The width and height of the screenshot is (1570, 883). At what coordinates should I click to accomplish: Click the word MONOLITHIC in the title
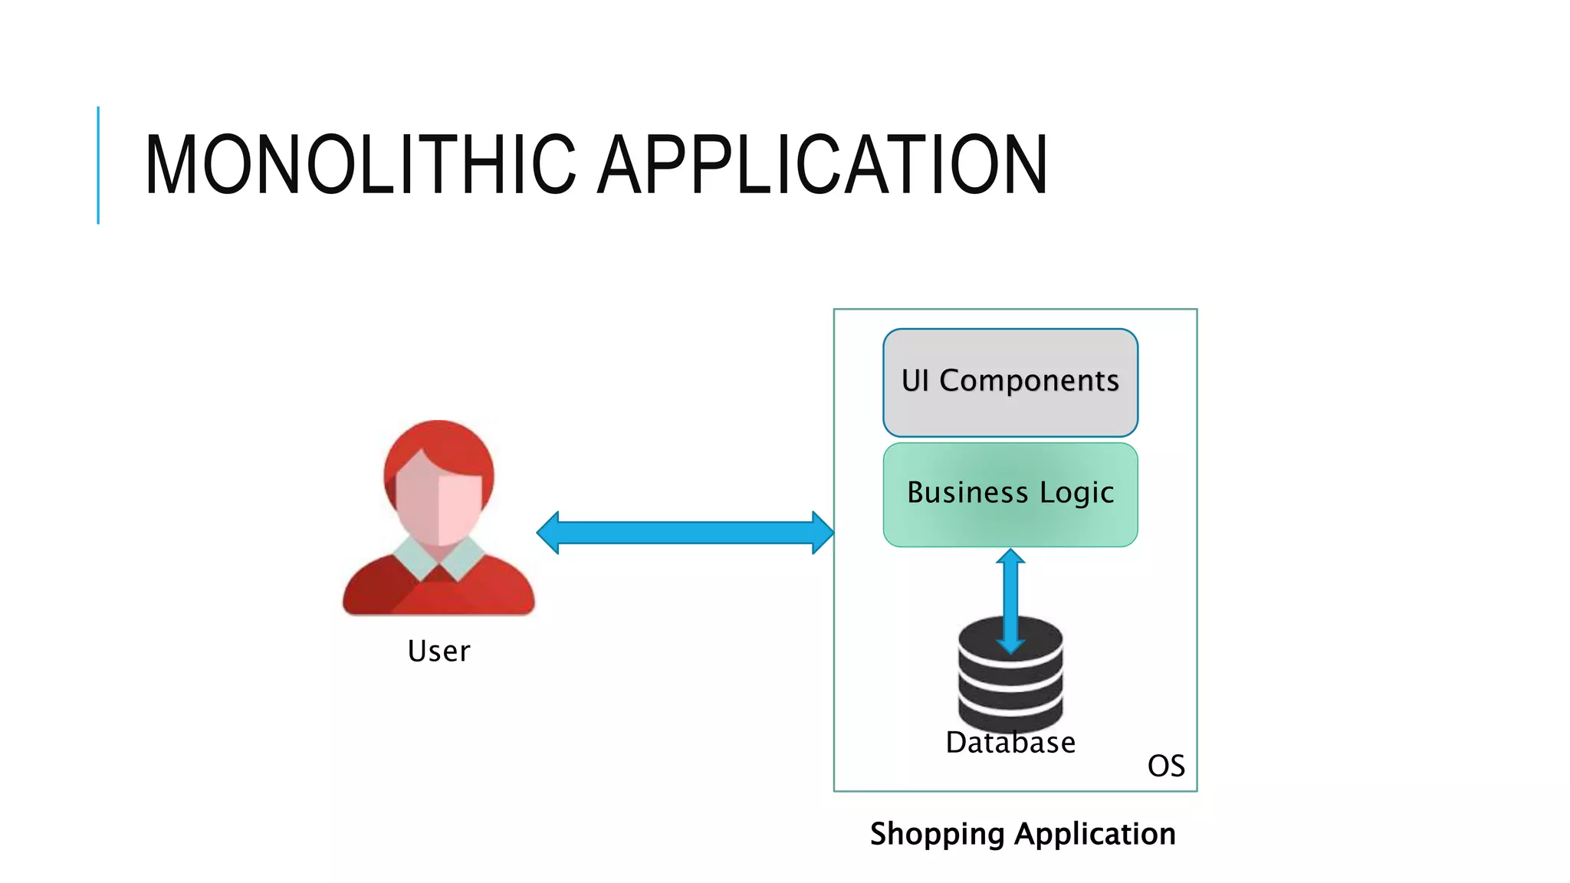point(360,164)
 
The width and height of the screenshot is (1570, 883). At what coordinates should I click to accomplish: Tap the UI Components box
point(1010,382)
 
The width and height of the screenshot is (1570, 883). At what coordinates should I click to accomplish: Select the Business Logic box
point(1010,494)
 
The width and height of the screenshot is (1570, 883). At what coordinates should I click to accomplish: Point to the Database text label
point(1010,743)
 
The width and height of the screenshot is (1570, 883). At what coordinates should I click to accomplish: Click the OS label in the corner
point(1165,766)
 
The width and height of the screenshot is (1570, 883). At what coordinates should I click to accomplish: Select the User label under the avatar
point(438,652)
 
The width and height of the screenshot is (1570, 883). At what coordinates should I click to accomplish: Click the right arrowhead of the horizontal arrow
point(822,533)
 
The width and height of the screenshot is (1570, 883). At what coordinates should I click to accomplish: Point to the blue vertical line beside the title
point(98,165)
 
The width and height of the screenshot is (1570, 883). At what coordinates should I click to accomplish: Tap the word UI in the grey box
point(915,381)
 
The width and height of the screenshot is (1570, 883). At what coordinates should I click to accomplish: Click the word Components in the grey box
point(1029,381)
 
